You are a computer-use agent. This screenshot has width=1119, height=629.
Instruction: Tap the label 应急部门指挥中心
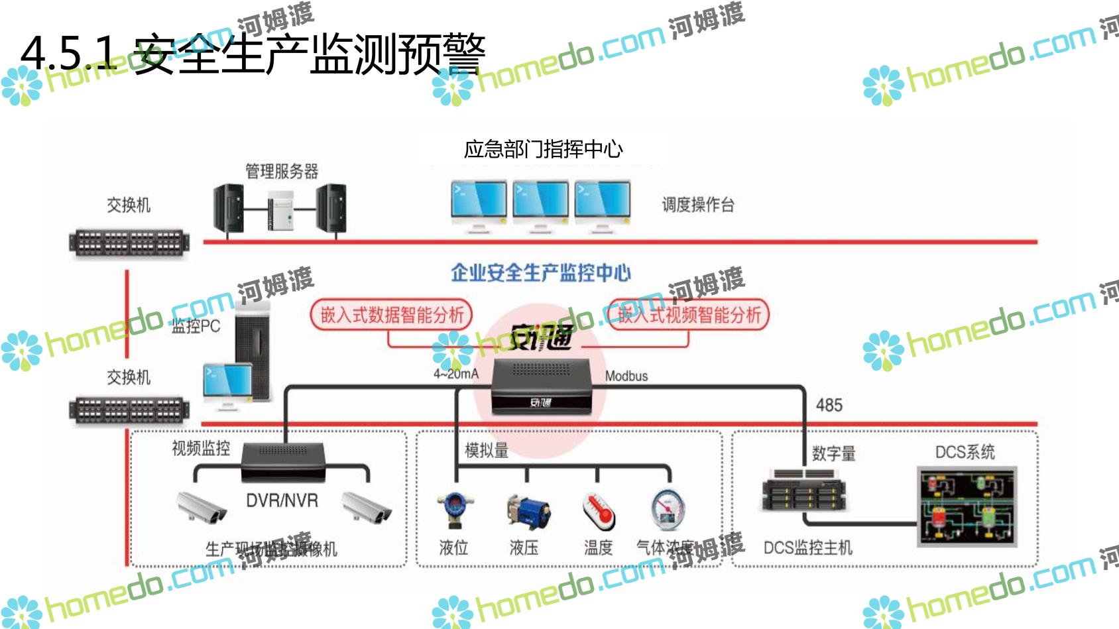pos(543,149)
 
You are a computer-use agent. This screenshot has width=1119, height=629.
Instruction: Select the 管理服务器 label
pos(282,172)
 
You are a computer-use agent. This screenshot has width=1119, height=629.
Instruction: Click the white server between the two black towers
pos(280,210)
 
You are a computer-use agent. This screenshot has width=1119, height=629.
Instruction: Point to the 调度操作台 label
pos(698,205)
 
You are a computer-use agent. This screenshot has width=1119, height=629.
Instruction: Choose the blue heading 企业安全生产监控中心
pos(540,272)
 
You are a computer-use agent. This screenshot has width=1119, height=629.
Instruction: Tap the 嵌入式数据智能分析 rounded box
pos(391,315)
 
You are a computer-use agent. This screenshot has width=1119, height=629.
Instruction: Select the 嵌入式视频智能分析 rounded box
pos(689,315)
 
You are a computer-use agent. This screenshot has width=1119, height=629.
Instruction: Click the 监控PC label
pos(196,326)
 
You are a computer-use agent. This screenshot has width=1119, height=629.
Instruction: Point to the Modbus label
pos(626,376)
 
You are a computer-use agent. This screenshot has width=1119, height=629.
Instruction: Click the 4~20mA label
pos(455,374)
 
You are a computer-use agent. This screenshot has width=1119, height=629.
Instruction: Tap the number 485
pos(829,405)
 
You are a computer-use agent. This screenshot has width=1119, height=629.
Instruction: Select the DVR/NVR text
pos(282,500)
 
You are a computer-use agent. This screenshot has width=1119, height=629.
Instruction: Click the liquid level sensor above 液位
pos(454,509)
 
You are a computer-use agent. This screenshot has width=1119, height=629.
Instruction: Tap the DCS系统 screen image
pos(967,506)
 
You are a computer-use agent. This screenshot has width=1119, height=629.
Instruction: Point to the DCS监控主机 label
pos(807,547)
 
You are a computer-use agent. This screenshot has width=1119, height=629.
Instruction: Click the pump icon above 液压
pos(527,512)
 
